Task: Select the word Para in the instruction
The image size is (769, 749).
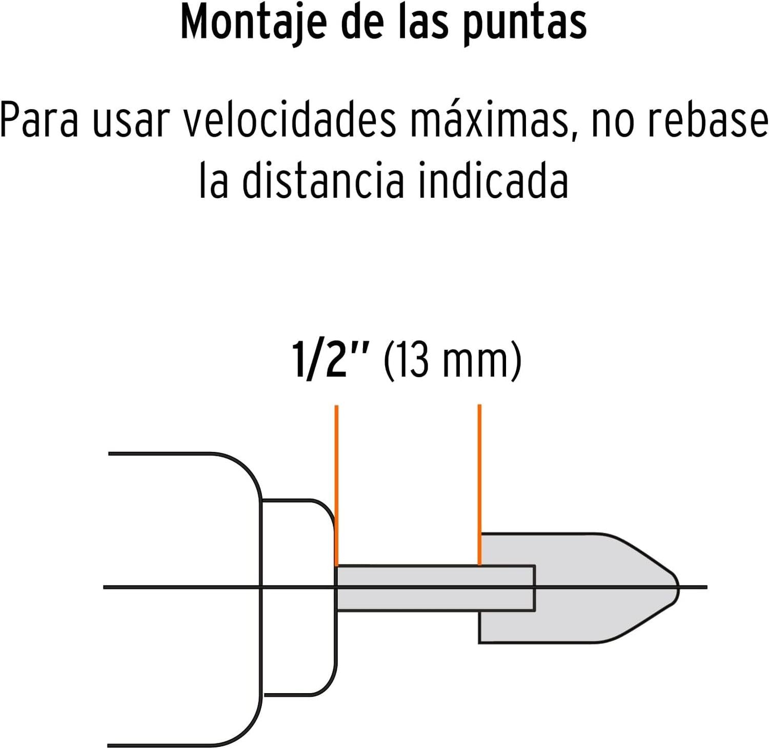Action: coord(39,120)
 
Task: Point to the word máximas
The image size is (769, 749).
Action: coord(495,121)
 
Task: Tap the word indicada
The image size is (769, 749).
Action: coord(493,180)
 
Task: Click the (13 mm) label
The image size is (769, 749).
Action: coord(452,361)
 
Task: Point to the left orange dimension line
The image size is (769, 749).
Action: coord(336,485)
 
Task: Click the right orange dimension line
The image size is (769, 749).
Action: coord(479,484)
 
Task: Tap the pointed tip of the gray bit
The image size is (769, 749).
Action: coord(678,588)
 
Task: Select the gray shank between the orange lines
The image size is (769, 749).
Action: coord(408,588)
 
